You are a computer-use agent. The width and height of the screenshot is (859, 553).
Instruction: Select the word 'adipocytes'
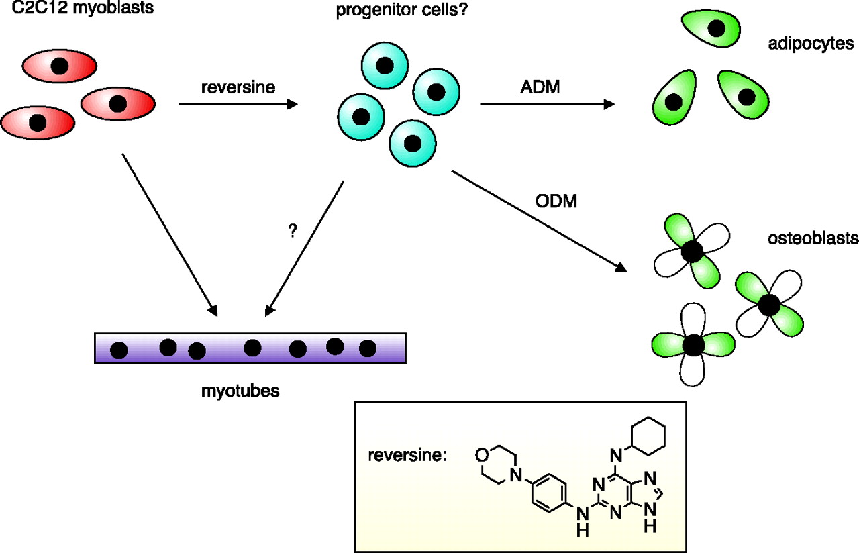[811, 44]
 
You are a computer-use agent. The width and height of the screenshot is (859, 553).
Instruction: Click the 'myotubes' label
[240, 390]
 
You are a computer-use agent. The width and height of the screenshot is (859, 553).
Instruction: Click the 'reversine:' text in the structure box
[407, 456]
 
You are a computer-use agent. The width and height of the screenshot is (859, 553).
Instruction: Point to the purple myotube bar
[250, 348]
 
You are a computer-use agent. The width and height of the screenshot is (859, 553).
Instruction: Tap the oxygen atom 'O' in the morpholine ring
[481, 455]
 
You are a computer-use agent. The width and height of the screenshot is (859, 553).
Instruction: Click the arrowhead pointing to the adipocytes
[609, 104]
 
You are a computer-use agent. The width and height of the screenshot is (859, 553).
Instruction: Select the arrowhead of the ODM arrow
[621, 268]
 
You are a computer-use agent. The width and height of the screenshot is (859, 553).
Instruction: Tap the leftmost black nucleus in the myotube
[119, 350]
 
